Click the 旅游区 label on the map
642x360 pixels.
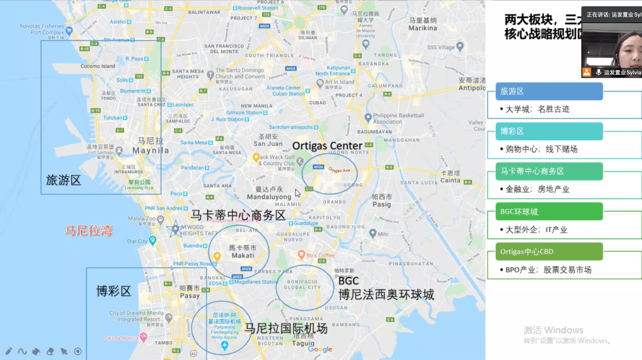tap(63, 179)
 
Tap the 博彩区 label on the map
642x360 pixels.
tap(114, 291)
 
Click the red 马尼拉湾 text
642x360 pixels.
tap(89, 230)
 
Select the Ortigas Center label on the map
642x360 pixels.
tap(327, 146)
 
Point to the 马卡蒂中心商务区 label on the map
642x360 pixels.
tap(238, 215)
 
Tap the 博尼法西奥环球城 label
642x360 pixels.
tap(386, 294)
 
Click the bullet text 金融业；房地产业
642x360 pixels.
tap(537, 189)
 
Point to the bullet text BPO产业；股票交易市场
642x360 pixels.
tap(548, 270)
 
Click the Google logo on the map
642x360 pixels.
tap(320, 349)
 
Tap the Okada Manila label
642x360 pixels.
tap(125, 338)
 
